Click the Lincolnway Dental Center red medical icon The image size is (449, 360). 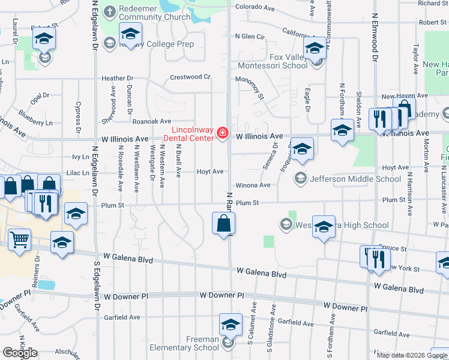[223, 133]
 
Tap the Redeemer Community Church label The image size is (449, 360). [154, 13]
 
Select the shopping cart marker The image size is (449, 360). [20, 241]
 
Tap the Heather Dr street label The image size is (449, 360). [117, 78]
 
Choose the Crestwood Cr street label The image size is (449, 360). [190, 77]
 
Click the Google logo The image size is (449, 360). [20, 353]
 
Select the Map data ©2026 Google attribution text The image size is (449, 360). [411, 355]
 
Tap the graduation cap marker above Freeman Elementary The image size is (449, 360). [231, 325]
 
